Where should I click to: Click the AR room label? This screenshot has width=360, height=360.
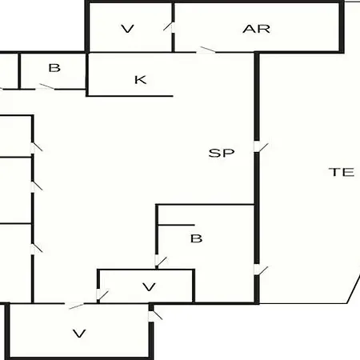(x=256, y=29)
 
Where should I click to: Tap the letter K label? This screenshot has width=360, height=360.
(x=140, y=80)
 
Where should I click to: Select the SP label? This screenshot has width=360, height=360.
(x=222, y=153)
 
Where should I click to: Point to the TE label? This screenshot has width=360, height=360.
(x=342, y=172)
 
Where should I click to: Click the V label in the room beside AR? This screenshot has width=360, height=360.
(x=127, y=29)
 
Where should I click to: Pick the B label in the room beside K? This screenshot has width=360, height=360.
(x=54, y=68)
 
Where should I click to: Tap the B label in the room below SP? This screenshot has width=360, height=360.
(x=196, y=238)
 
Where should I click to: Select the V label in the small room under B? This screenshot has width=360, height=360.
(x=149, y=287)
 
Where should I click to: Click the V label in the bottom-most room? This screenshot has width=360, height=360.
(x=79, y=334)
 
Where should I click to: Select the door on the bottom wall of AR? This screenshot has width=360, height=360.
(x=206, y=50)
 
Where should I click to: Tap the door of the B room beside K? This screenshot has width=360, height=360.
(x=46, y=87)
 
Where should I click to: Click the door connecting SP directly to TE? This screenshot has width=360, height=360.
(x=260, y=147)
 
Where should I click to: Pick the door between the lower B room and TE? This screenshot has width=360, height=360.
(x=260, y=270)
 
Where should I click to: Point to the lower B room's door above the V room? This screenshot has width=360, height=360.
(x=160, y=262)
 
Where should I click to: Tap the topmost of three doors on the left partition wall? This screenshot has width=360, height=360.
(x=36, y=147)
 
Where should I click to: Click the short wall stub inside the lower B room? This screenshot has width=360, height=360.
(x=176, y=226)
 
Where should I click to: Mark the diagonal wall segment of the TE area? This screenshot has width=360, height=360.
(x=354, y=290)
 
